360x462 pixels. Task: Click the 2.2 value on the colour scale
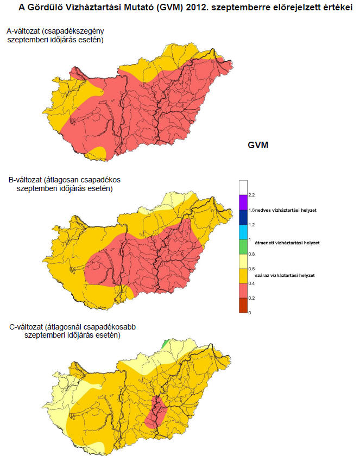251,194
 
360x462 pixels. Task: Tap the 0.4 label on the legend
251,283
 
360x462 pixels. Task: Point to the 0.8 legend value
251,254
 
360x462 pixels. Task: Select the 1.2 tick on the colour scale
251,224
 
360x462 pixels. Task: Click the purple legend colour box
243,202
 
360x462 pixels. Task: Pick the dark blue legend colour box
243,217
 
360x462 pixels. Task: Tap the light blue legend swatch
243,231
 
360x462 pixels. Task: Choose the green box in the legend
243,246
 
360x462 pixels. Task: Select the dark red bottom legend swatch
243,306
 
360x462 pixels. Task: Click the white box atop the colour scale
243,187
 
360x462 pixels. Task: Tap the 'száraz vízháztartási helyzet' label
285,276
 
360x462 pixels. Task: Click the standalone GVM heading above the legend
258,145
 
